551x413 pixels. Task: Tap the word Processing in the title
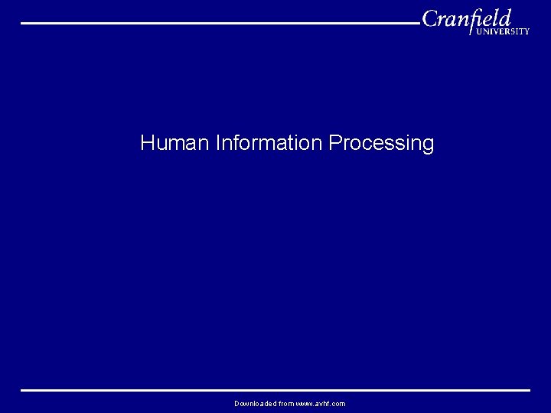(381, 144)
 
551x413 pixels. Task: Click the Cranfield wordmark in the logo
(467, 19)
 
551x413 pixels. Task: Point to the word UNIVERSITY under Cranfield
(503, 32)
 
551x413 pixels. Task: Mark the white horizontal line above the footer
(275, 390)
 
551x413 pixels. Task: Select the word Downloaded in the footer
(256, 403)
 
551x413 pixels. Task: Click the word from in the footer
(287, 403)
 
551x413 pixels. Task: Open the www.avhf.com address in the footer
(321, 403)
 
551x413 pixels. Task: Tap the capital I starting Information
(218, 143)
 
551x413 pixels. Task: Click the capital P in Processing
(334, 143)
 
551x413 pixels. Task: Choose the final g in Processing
(428, 145)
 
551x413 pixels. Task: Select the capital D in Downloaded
(237, 403)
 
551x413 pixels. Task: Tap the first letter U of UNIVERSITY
(479, 32)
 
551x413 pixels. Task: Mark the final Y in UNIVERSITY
(527, 32)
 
